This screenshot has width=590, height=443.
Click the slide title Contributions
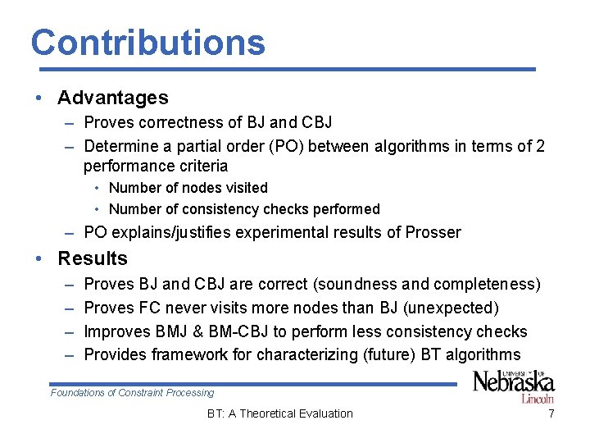click(x=148, y=43)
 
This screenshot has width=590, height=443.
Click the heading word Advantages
click(x=113, y=98)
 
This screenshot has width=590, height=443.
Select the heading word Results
click(x=93, y=258)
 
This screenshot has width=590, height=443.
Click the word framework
click(x=206, y=354)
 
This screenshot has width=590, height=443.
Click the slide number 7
click(x=551, y=413)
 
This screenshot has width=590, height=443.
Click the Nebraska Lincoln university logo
click(x=514, y=386)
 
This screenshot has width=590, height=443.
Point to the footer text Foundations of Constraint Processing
click(x=132, y=393)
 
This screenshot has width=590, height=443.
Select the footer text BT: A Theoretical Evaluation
click(x=280, y=413)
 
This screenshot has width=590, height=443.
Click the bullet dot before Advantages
click(x=39, y=98)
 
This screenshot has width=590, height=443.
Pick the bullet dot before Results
click(x=39, y=259)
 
